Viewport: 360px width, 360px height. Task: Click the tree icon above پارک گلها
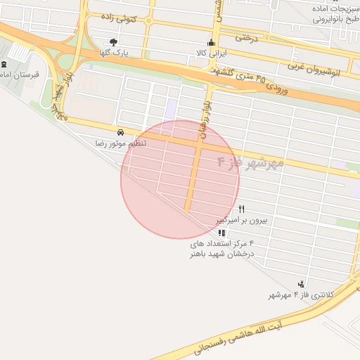(114, 41)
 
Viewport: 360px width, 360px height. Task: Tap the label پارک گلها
(113, 53)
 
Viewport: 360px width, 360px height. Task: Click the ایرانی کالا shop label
(210, 53)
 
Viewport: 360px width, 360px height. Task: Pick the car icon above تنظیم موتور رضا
(121, 132)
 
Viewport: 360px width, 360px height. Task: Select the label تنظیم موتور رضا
(121, 143)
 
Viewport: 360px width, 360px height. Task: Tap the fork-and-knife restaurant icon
(242, 209)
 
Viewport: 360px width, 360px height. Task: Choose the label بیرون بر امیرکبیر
(242, 220)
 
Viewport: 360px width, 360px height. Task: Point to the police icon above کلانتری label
(302, 284)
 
